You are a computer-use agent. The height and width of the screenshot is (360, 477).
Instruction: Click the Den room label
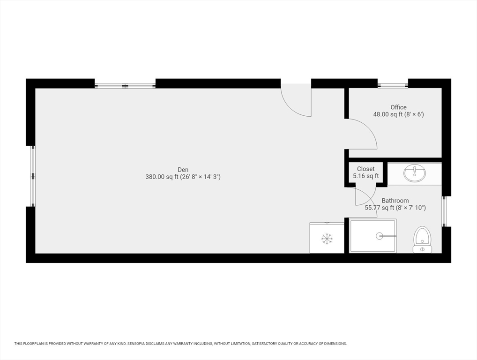point(183,170)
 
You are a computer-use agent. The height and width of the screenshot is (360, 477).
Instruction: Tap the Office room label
point(398,107)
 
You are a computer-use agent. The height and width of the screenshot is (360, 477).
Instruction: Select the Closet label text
point(365,169)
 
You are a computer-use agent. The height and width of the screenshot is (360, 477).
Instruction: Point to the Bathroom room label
point(395,201)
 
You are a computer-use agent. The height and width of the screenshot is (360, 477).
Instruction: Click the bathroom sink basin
point(415,173)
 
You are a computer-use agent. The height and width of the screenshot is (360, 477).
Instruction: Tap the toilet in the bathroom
point(423,240)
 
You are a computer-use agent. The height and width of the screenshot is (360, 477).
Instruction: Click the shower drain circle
point(380,235)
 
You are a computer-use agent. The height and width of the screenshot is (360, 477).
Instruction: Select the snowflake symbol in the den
point(327,239)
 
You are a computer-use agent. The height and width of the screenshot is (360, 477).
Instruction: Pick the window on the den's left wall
point(33,176)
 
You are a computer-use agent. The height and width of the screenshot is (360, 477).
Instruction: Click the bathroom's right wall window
point(445,211)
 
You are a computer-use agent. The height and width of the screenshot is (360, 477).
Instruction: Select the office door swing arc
point(369,129)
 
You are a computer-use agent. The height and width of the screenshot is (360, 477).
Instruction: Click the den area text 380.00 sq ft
point(162,177)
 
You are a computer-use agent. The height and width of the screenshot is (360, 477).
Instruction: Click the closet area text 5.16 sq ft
point(365,176)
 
